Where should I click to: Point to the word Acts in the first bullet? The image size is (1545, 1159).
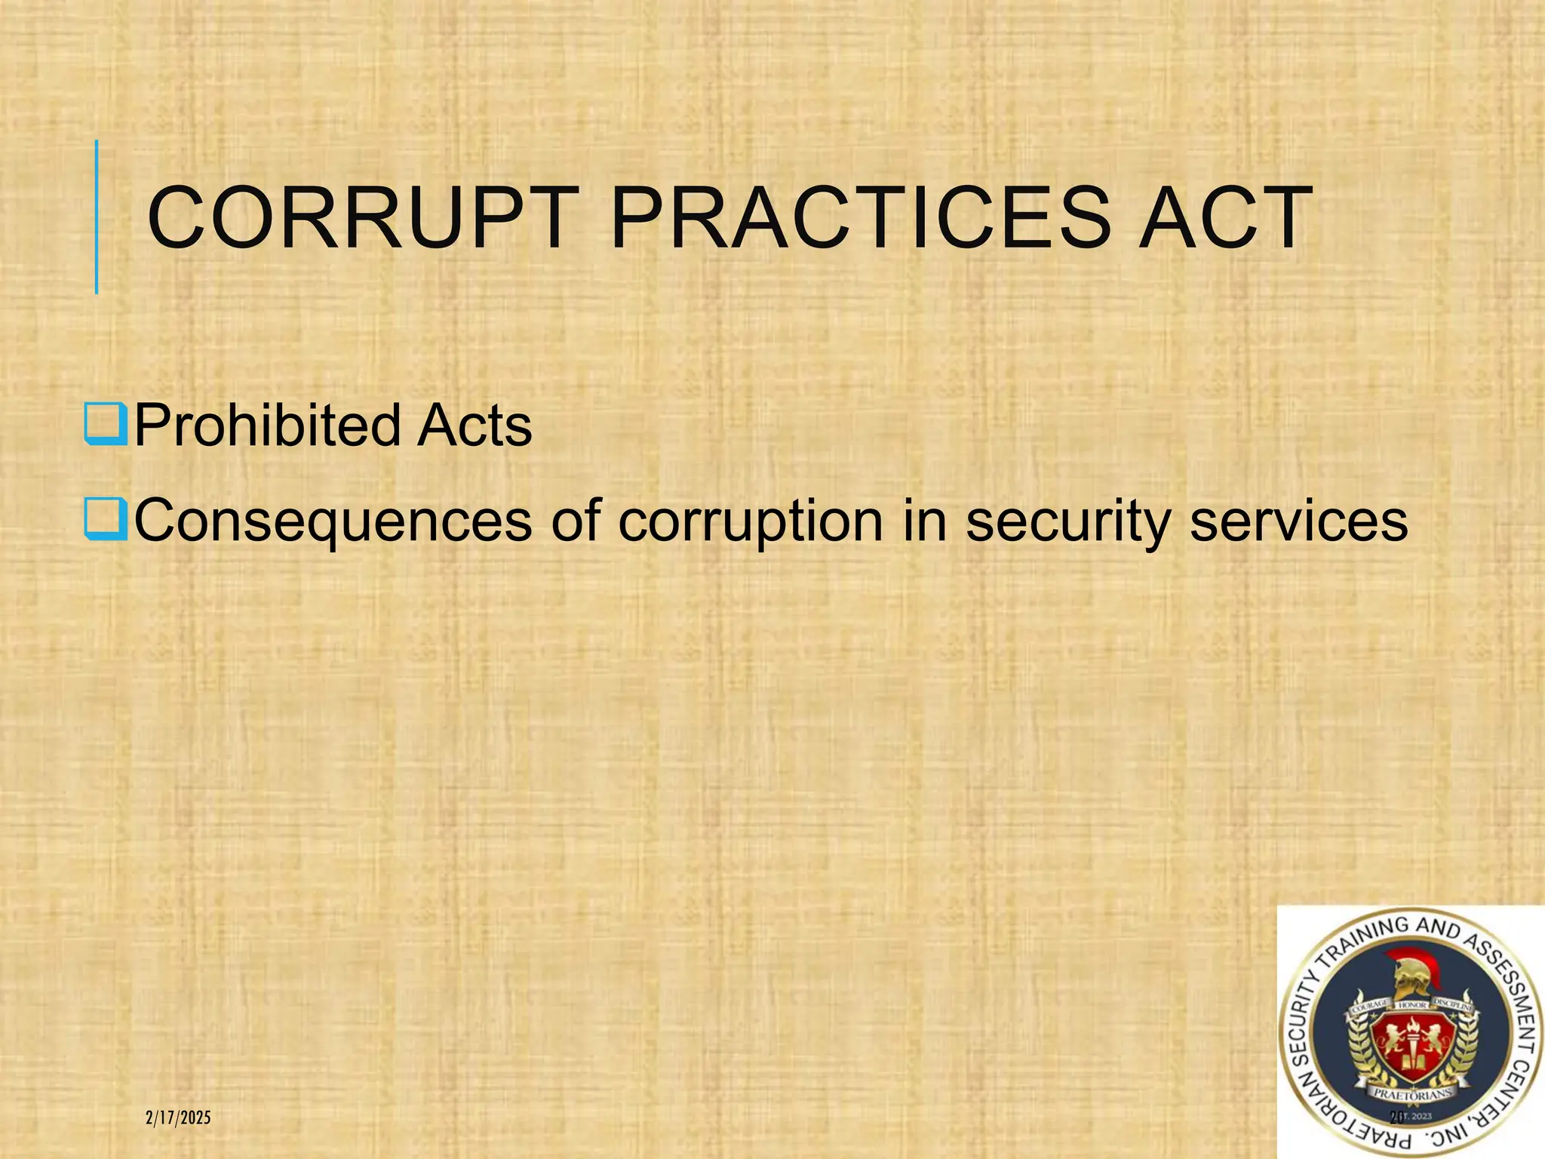click(x=475, y=426)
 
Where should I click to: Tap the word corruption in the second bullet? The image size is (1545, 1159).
click(x=751, y=521)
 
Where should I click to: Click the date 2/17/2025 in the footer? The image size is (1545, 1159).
click(x=178, y=1118)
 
